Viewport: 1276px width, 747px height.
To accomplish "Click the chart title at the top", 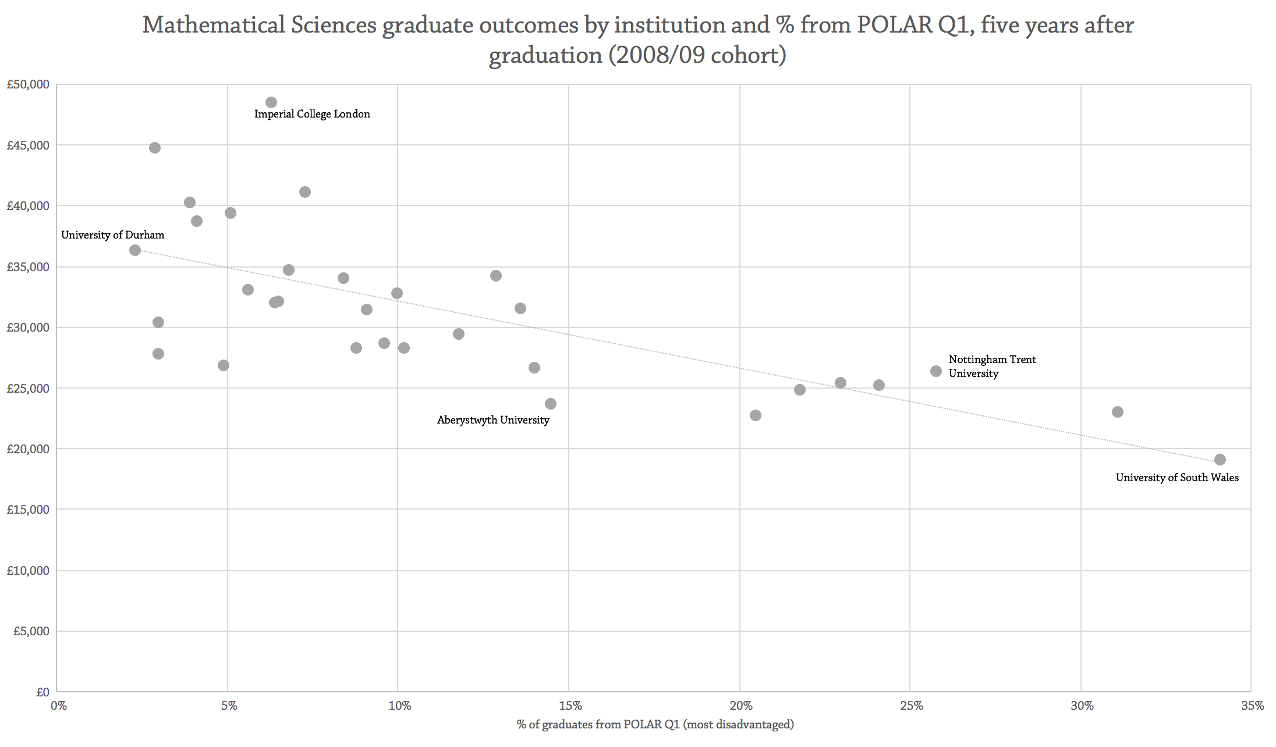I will coord(638,40).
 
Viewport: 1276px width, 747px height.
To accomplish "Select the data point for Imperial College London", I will coord(271,102).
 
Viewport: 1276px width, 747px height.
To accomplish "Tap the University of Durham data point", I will coord(135,250).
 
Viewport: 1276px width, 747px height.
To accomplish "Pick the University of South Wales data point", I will coord(1220,460).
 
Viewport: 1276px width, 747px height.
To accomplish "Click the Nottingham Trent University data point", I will coord(936,371).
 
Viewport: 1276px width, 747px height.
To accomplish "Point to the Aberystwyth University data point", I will coord(551,404).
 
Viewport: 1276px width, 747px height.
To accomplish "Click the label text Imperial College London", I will coord(312,114).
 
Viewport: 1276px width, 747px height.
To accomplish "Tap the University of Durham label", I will coord(112,235).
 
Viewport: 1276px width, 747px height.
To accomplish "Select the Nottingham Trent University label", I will coord(992,367).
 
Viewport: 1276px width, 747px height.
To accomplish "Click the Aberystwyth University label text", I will coord(493,420).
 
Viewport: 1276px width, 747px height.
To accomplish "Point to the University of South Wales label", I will coord(1177,478).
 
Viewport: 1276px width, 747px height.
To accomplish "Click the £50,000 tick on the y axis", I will coord(28,85).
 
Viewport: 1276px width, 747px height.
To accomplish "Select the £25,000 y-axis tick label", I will coord(28,388).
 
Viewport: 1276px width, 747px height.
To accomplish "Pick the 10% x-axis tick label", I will coord(399,706).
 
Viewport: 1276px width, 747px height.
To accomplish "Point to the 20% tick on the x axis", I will coord(740,706).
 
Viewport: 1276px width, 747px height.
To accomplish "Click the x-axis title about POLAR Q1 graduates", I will coord(655,724).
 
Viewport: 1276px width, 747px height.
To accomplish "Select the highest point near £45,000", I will coord(155,148).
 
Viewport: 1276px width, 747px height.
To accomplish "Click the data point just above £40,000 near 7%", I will coord(305,192).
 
